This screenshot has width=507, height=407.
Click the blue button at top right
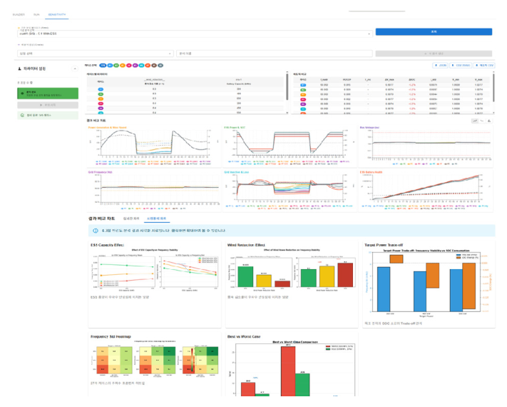coord(434,32)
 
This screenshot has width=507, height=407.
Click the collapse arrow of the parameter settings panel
coord(75,69)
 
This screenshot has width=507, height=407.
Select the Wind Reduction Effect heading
coord(245,244)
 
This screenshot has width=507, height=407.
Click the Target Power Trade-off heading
coord(381,244)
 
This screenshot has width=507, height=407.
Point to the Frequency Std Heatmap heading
coord(110,335)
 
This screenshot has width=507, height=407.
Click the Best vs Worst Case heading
coord(245,335)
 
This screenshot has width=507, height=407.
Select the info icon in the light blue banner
coord(96,231)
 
